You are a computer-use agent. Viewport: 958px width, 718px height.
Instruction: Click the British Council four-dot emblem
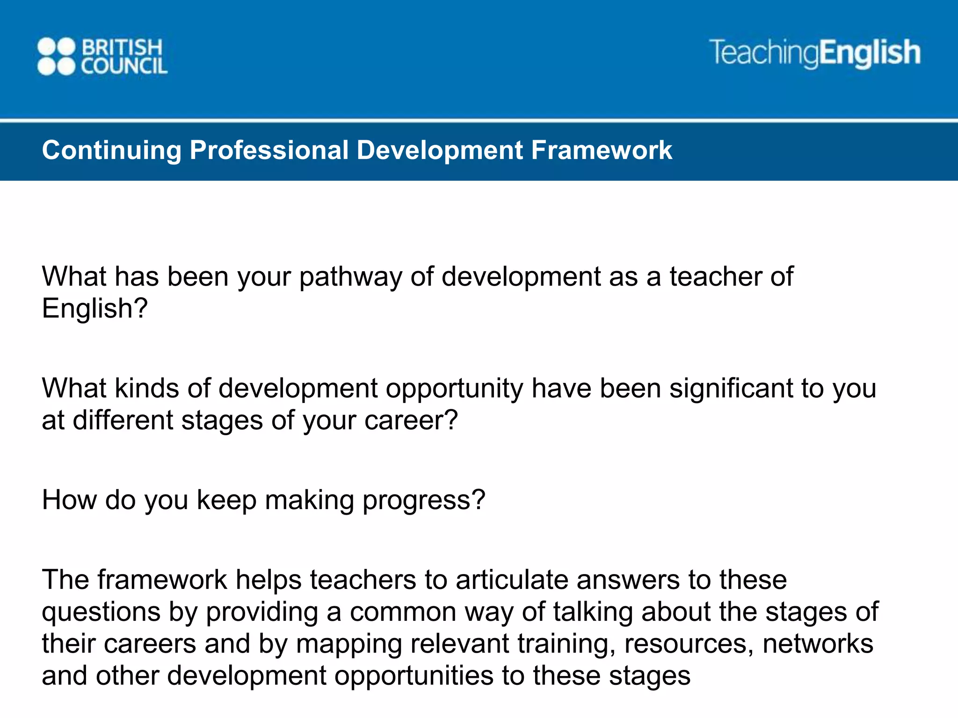(56, 57)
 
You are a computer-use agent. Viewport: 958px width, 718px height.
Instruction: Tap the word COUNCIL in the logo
(124, 66)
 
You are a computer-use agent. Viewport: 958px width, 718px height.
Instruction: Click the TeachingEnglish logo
(814, 53)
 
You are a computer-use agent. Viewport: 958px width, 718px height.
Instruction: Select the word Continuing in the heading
(111, 151)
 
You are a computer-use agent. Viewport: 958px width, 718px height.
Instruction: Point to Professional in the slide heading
(269, 151)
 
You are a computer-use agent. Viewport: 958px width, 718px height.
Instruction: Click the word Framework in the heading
(602, 151)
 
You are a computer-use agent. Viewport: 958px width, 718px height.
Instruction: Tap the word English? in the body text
(95, 309)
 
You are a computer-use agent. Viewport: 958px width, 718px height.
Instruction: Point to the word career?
(411, 421)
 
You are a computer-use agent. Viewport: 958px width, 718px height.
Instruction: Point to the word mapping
(349, 645)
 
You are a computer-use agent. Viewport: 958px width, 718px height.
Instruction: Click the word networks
(818, 644)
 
